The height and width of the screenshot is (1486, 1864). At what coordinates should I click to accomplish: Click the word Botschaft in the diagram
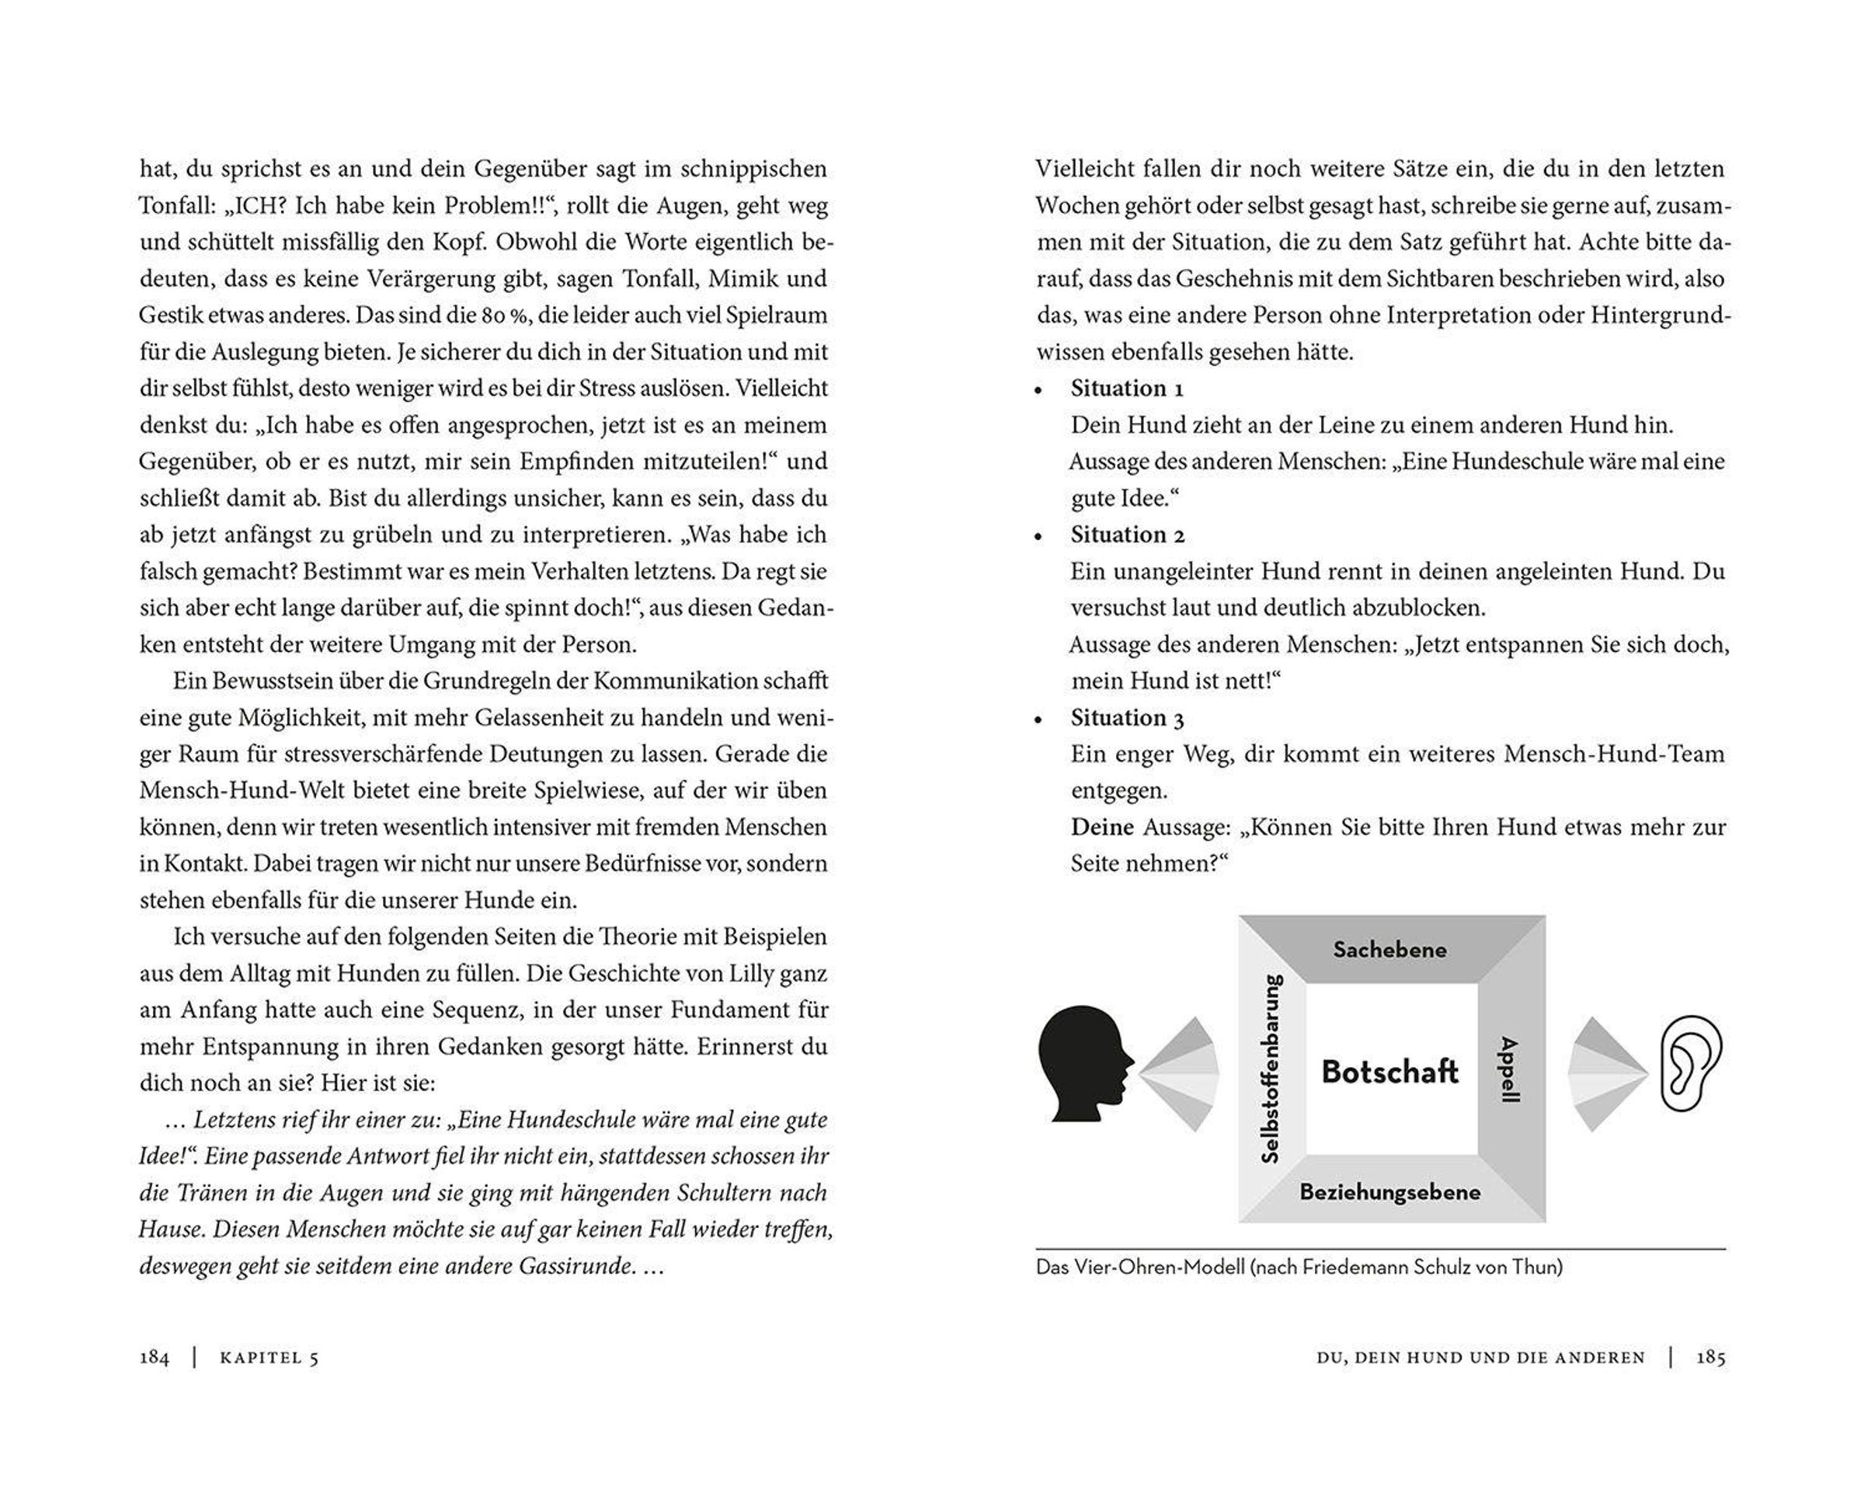tap(1389, 1072)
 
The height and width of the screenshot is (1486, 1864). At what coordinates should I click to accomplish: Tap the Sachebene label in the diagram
tap(1389, 950)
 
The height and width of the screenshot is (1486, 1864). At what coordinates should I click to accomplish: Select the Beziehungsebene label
tap(1389, 1192)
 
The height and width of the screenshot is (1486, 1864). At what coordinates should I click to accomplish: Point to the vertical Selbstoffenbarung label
tap(1271, 1069)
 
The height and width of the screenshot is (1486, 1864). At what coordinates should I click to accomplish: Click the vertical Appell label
tap(1508, 1069)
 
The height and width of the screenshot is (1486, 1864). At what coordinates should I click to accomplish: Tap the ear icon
tap(1690, 1064)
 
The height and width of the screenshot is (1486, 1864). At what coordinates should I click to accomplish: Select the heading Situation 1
tap(1125, 389)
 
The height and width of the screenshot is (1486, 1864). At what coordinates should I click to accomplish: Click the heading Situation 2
tap(1126, 535)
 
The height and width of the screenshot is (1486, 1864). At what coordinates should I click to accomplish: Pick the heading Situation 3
tap(1126, 718)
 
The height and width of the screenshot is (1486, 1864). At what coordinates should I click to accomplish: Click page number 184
tap(155, 1358)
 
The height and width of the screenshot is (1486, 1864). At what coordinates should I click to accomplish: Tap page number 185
tap(1710, 1358)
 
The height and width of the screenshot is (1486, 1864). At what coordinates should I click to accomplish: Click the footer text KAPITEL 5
tap(269, 1358)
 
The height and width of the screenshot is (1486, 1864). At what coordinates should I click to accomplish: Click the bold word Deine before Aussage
tap(1101, 828)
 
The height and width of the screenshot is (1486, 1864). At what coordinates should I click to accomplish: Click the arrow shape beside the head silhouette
tap(1180, 1074)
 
